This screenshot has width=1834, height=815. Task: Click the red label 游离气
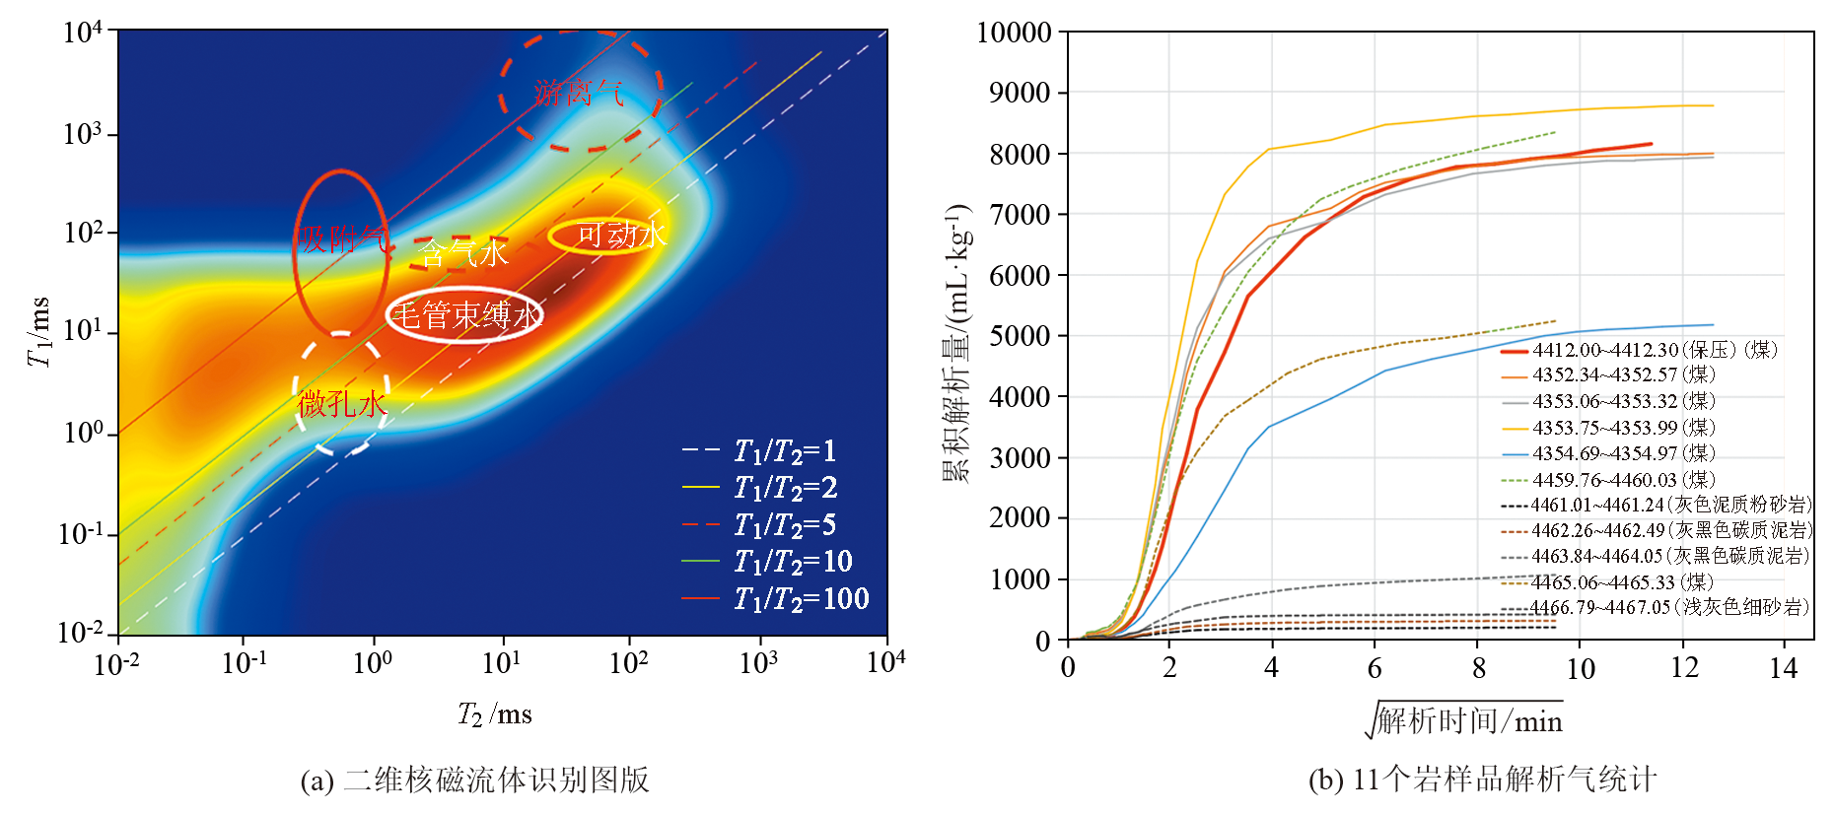579,93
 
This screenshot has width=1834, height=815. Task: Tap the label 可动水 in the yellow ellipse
621,235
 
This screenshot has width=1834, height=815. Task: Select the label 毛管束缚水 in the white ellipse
466,315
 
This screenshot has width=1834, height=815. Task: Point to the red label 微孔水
342,403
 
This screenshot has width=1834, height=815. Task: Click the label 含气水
463,254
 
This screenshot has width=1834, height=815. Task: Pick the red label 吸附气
342,238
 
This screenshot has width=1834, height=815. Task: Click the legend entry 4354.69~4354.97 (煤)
1623,453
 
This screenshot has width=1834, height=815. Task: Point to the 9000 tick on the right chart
1020,93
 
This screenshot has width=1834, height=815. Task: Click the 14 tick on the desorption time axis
1783,668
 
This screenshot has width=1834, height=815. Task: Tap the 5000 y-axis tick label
1020,336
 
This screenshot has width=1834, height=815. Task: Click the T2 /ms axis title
495,713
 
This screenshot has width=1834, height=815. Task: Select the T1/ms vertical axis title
38,331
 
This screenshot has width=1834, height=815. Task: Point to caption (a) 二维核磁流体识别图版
474,780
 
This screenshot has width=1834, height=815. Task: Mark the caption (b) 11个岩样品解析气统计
1482,780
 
